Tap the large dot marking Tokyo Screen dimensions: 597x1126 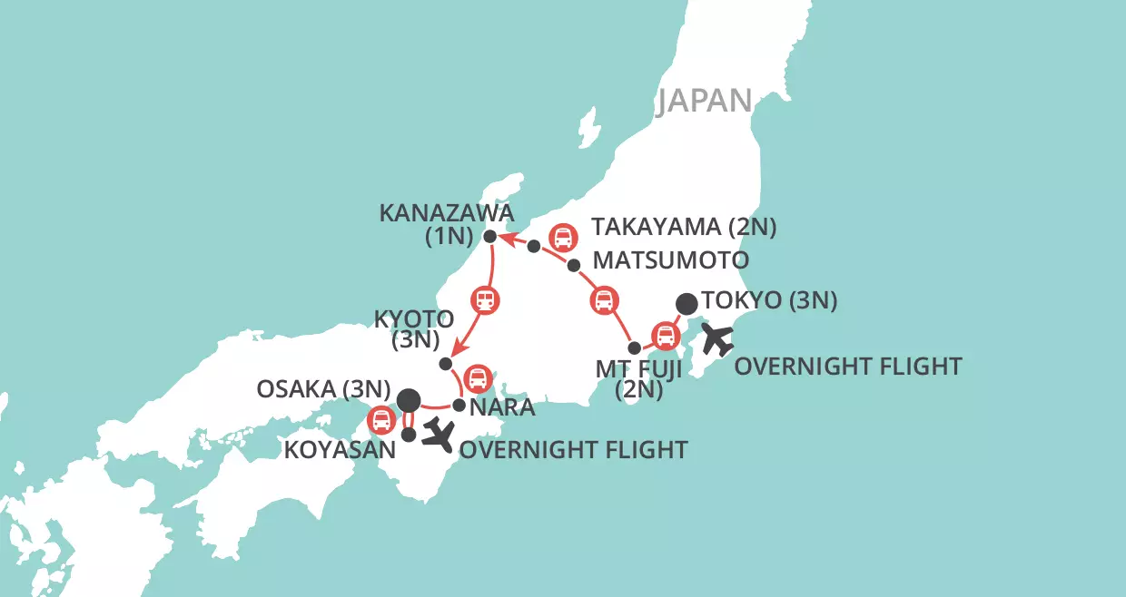click(688, 303)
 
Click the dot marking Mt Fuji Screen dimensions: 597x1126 click(635, 347)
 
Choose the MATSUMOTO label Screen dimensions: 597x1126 click(670, 260)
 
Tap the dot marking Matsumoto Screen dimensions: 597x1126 click(573, 265)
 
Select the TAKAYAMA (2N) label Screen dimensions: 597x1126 click(684, 227)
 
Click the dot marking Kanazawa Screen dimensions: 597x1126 click(489, 237)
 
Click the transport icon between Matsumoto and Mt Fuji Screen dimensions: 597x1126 click(604, 300)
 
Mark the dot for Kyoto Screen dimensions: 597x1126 click(445, 363)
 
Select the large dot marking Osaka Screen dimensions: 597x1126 click(409, 398)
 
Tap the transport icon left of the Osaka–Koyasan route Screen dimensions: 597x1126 click(380, 420)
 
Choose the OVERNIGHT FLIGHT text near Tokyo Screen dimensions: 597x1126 click(847, 367)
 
